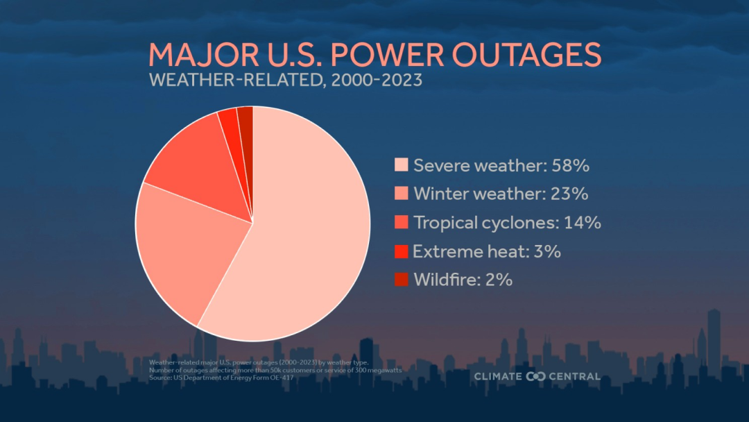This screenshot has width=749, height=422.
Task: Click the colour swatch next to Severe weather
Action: coord(401,165)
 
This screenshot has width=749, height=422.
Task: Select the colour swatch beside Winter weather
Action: coord(401,194)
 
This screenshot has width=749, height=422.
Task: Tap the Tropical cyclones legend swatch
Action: coord(401,223)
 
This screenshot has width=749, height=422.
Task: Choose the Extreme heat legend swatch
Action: coord(401,251)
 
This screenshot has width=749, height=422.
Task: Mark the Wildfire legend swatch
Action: coord(401,280)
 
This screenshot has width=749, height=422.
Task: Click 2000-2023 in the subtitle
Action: coord(377,80)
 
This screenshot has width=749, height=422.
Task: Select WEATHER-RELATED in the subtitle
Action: coord(236,80)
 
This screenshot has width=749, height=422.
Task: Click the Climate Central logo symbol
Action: coord(536,377)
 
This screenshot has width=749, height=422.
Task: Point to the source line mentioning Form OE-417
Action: coord(222,377)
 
